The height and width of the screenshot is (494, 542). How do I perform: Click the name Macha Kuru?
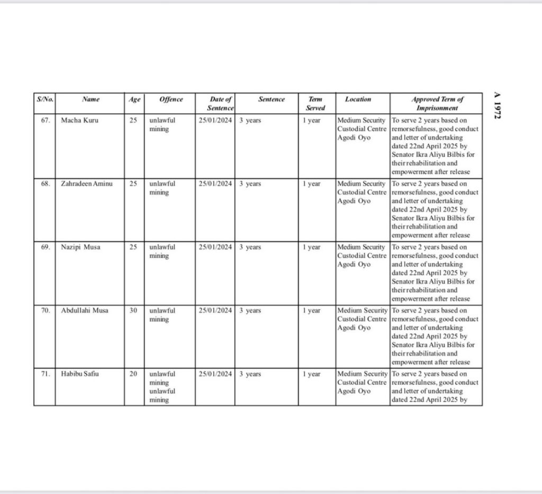tap(79, 120)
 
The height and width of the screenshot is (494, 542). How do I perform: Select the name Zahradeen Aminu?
tap(87, 184)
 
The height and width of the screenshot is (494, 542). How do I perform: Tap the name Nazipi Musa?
tap(81, 247)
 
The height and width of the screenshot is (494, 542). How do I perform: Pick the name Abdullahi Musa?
tap(85, 311)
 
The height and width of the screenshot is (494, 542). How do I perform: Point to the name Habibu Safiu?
tap(80, 374)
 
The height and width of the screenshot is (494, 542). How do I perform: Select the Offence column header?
tap(171, 99)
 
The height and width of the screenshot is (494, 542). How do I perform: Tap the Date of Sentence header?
tap(220, 103)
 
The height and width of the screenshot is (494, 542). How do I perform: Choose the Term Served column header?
tap(315, 103)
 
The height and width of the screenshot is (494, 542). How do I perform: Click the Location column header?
tap(358, 99)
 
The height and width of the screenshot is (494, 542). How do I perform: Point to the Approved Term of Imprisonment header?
tap(437, 103)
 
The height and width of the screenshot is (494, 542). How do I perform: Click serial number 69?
tap(45, 247)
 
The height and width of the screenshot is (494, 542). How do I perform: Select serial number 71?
tap(45, 374)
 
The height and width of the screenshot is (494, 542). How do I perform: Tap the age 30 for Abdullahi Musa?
tap(133, 311)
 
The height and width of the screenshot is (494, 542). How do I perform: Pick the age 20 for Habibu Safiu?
tap(133, 374)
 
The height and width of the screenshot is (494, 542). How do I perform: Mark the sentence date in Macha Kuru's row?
tap(215, 120)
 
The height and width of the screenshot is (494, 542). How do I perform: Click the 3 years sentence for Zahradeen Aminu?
tap(250, 184)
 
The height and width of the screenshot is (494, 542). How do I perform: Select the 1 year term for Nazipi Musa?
tap(312, 247)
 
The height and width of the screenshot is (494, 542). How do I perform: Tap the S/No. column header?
tap(44, 99)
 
